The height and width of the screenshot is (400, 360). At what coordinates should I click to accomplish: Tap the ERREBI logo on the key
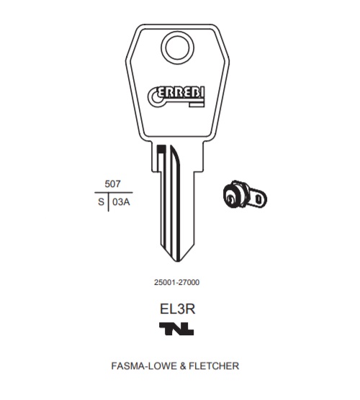click(x=176, y=97)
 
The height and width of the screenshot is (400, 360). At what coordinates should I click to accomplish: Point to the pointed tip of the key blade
click(x=177, y=261)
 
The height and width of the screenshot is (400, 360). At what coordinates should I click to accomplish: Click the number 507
click(x=112, y=184)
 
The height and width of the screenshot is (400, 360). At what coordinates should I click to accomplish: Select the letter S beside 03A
click(x=101, y=202)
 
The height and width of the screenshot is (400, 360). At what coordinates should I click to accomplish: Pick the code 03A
click(x=121, y=202)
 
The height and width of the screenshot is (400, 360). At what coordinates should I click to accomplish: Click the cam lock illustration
click(x=245, y=195)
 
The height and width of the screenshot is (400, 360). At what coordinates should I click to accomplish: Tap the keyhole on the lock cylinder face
click(x=231, y=199)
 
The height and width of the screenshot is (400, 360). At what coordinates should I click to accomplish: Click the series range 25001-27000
click(x=176, y=283)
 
